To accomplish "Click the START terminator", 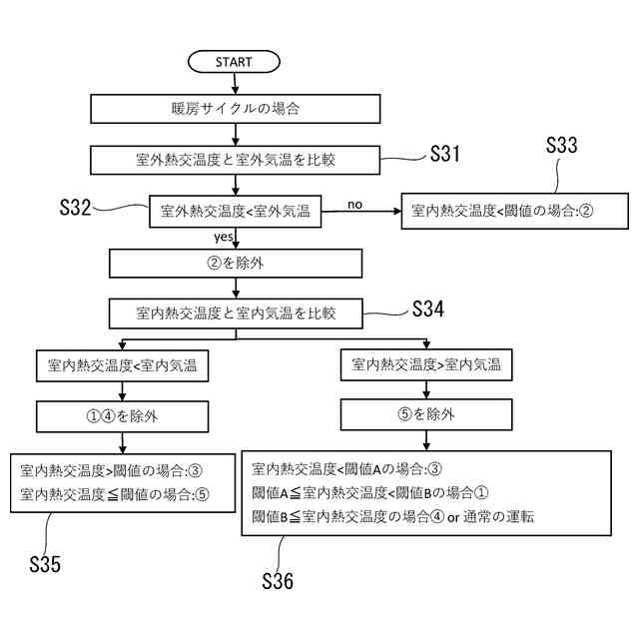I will pos(234,62).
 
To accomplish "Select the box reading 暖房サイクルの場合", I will pos(234,107).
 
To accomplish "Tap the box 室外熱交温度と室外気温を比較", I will pos(234,159).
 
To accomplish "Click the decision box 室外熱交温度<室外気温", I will pos(235,211).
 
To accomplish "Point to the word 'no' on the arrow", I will pos(354,205).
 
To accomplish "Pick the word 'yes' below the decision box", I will pos(224,238).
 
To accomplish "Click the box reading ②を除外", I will pos(235,264).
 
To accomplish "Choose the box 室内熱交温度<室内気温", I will pos(122,365).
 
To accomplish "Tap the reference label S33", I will pos(561,144).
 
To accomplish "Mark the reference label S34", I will pos(427,309).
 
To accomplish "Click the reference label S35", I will pos(43,564).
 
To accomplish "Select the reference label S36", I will pos(277,581).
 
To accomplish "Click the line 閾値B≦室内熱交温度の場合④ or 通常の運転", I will pos(394,516).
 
